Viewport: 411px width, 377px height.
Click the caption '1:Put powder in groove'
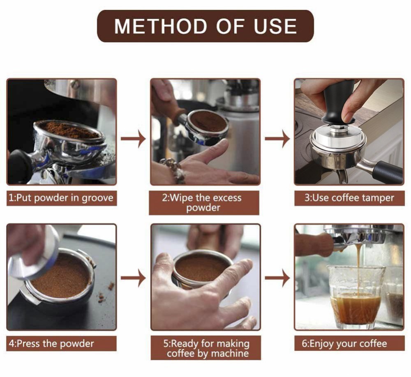[x=61, y=198]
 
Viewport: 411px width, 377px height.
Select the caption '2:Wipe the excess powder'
[x=204, y=203]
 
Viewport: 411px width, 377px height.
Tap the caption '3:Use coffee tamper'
[x=349, y=198]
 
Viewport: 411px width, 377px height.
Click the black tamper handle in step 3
[x=339, y=103]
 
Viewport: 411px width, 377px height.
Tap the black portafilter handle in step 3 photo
[x=386, y=171]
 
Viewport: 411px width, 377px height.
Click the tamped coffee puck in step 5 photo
[x=201, y=267]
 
